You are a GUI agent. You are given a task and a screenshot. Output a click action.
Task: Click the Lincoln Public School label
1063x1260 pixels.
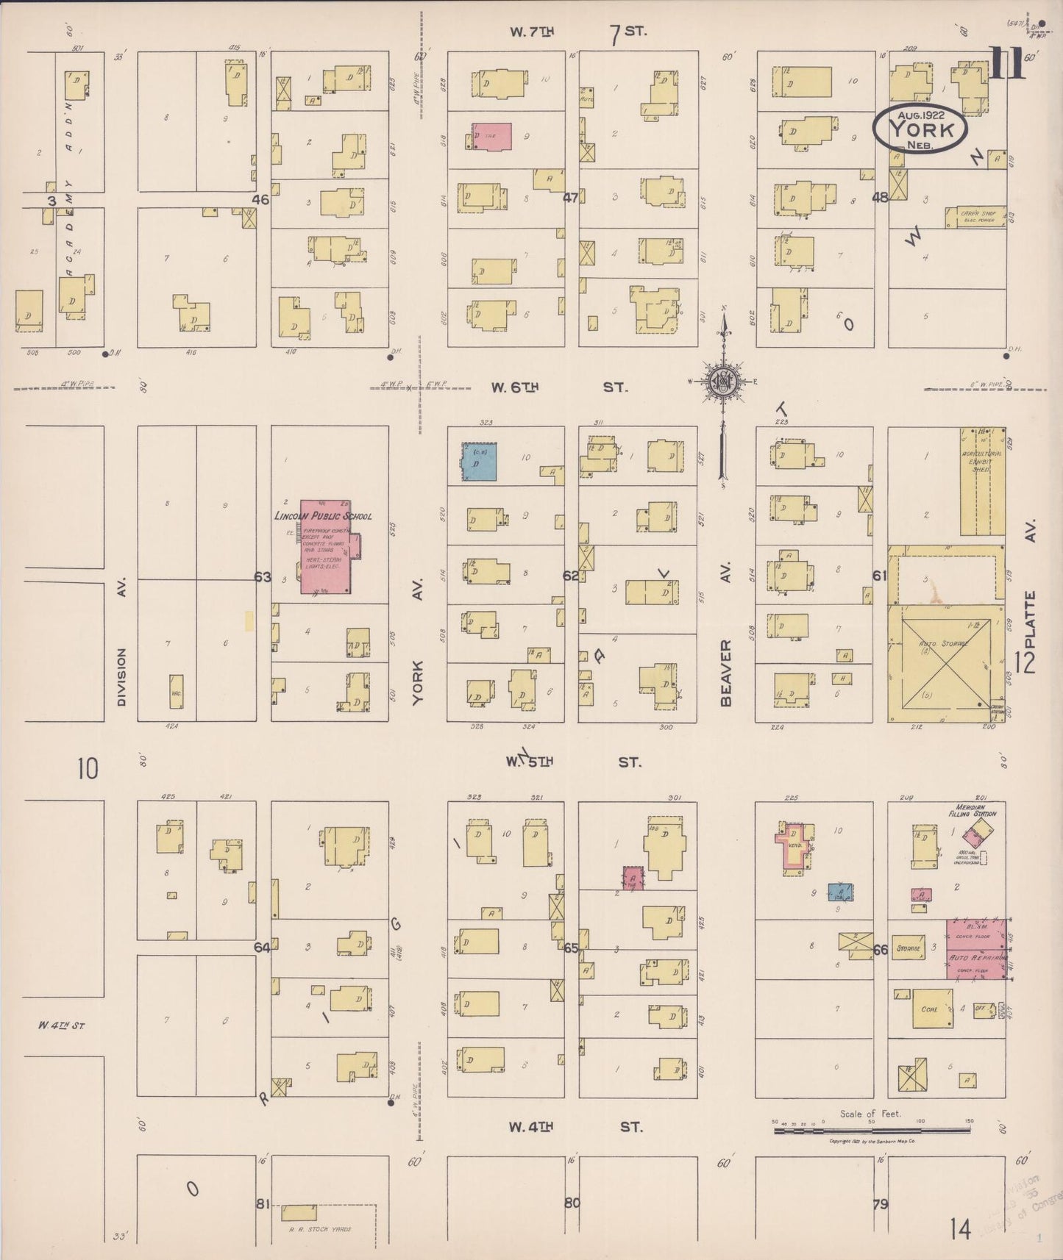click(x=322, y=516)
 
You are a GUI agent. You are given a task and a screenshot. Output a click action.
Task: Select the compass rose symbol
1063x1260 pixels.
click(x=723, y=382)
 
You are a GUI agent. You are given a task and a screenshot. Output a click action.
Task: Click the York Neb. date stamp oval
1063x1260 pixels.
click(x=920, y=129)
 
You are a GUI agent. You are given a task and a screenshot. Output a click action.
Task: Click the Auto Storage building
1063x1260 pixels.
click(x=945, y=662)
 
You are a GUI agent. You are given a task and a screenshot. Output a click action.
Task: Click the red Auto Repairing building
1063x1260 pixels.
click(x=975, y=949)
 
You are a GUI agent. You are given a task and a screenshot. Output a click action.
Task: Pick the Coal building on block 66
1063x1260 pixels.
click(x=931, y=1008)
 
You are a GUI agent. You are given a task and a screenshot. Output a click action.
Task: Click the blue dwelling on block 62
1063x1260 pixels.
click(x=479, y=462)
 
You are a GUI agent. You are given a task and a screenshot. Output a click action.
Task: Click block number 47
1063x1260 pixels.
click(x=570, y=197)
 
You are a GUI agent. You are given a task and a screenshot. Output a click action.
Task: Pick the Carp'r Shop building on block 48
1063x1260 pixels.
click(x=975, y=217)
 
